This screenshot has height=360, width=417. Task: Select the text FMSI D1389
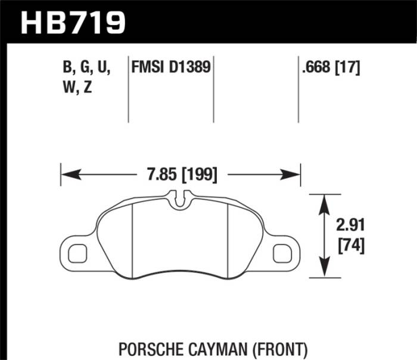[x=171, y=67]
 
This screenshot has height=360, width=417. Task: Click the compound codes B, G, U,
[x=86, y=67]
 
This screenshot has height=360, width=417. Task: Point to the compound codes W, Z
[x=77, y=88]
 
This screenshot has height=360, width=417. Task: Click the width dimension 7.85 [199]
[x=181, y=175]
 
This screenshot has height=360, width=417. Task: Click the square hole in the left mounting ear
[x=77, y=253]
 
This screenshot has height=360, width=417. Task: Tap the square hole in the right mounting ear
[x=281, y=253]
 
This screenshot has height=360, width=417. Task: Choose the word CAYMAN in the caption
[x=224, y=347]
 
